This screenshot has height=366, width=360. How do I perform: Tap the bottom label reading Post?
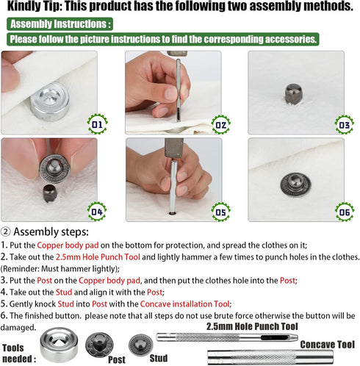[116, 361]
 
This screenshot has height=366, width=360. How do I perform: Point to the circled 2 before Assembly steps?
[6, 231]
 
